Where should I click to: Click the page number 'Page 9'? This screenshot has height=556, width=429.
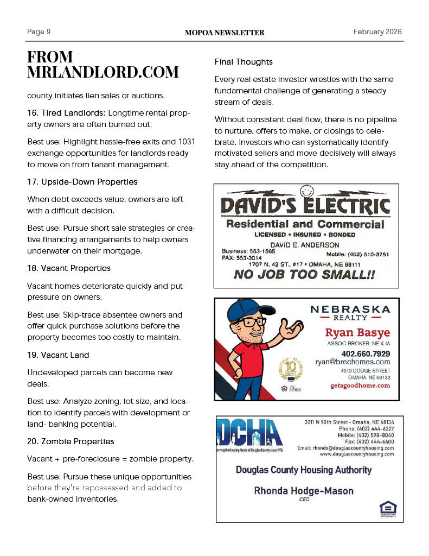pyautogui.click(x=39, y=32)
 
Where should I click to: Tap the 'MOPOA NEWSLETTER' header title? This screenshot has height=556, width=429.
pyautogui.click(x=225, y=33)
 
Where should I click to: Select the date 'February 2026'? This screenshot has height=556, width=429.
pyautogui.click(x=377, y=32)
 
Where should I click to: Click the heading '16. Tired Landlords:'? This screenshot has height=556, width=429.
pyautogui.click(x=66, y=113)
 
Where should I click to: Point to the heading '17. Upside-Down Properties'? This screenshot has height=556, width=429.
pyautogui.click(x=82, y=182)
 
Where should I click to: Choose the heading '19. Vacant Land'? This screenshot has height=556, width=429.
pyautogui.click(x=58, y=355)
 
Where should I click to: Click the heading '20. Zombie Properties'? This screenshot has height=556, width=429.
pyautogui.click(x=71, y=441)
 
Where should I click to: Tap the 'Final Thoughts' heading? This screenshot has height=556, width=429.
pyautogui.click(x=244, y=62)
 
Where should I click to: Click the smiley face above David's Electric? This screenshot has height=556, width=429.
pyautogui.click(x=308, y=191)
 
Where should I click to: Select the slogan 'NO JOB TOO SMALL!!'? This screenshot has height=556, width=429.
pyautogui.click(x=304, y=275)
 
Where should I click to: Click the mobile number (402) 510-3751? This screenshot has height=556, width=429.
pyautogui.click(x=357, y=254)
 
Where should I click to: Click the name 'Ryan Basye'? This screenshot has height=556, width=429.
pyautogui.click(x=357, y=333)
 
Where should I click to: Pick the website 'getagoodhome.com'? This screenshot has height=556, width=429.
pyautogui.click(x=360, y=386)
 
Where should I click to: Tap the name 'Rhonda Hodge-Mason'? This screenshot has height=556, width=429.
pyautogui.click(x=304, y=491)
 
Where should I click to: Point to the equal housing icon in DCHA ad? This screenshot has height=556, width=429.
pyautogui.click(x=388, y=509)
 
